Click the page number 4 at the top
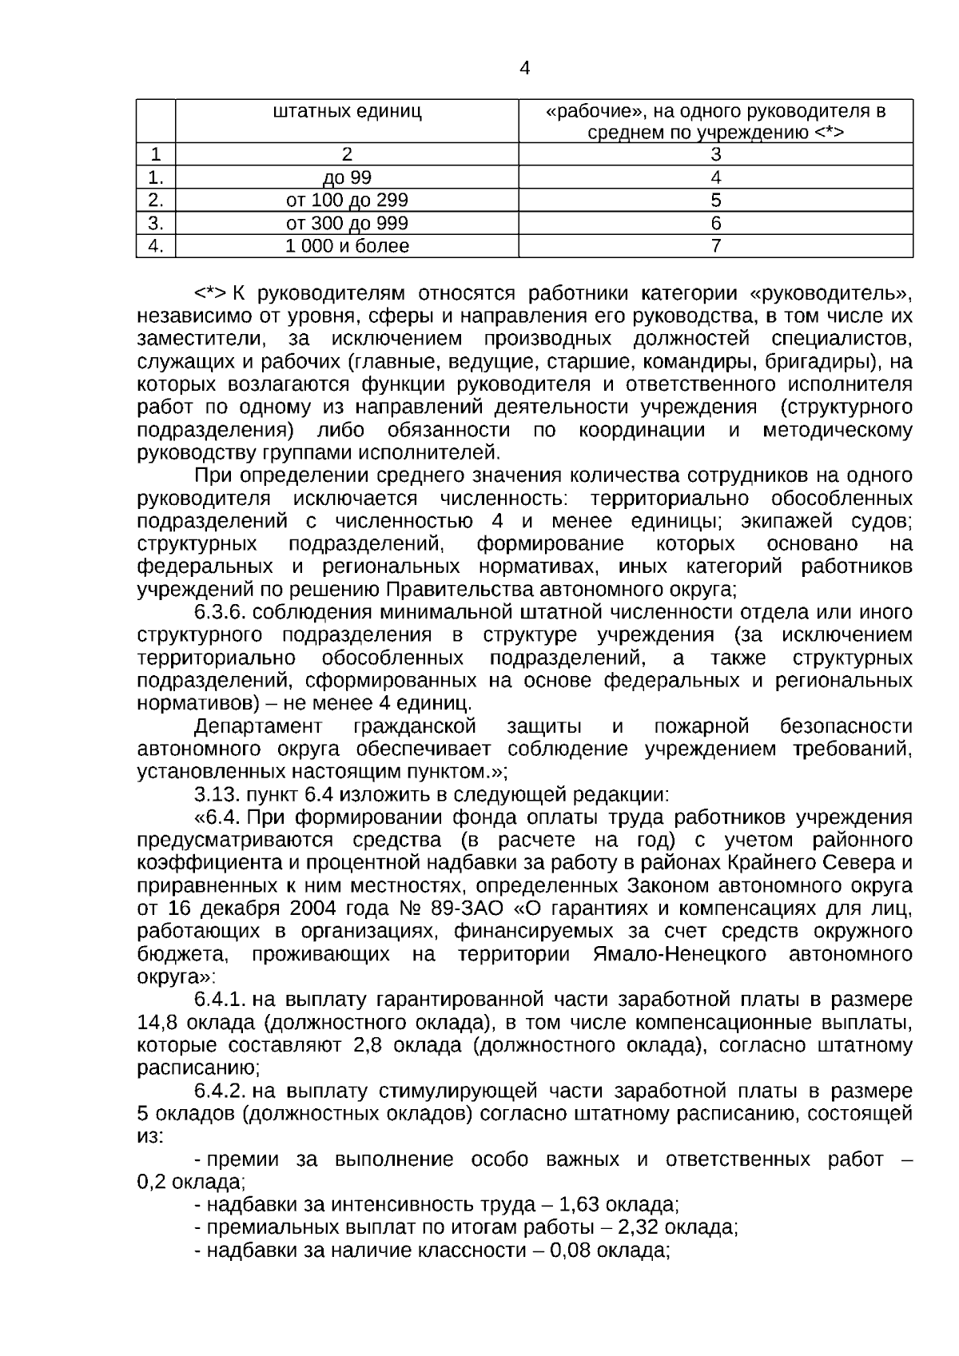pyautogui.click(x=524, y=69)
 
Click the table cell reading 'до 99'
pyautogui.click(x=347, y=177)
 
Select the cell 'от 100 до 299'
pyautogui.click(x=347, y=200)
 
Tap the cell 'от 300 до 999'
pyautogui.click(x=347, y=223)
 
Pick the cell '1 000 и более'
pyautogui.click(x=347, y=246)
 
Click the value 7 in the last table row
pyautogui.click(x=716, y=246)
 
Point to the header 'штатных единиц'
pyautogui.click(x=347, y=111)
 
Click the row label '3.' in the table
pyautogui.click(x=156, y=223)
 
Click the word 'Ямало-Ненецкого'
pyautogui.click(x=680, y=955)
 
